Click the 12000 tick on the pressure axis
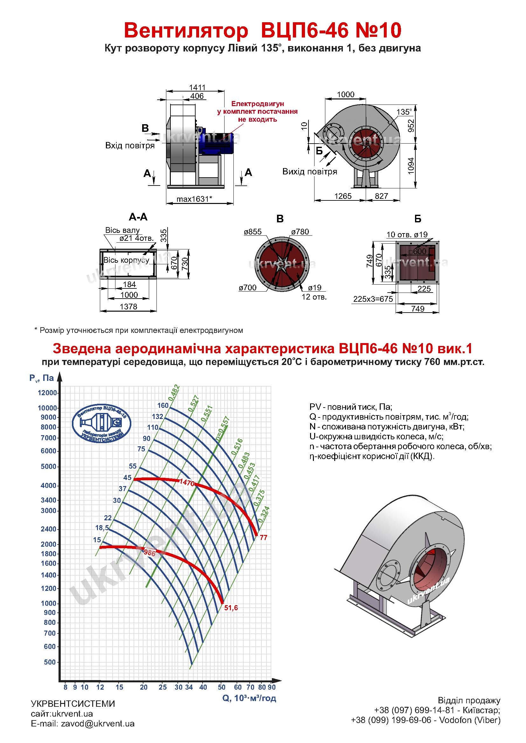point(47,393)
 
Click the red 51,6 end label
point(231,608)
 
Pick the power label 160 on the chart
point(163,405)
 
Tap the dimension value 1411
point(197,87)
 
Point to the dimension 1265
point(343,196)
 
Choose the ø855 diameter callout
point(253,232)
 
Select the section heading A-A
point(138,217)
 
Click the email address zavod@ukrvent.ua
point(98,724)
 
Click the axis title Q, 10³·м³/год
point(249,698)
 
